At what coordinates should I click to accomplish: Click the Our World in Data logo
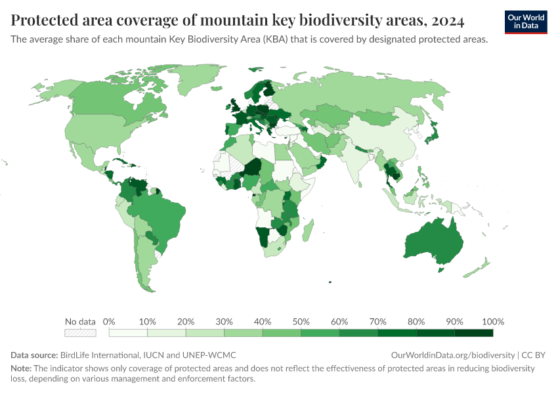coord(526,21)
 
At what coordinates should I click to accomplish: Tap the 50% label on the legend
coord(301,322)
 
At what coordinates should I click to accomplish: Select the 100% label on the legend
coord(492,322)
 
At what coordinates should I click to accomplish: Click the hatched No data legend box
coord(80,333)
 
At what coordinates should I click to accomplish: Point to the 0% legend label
coord(110,322)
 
